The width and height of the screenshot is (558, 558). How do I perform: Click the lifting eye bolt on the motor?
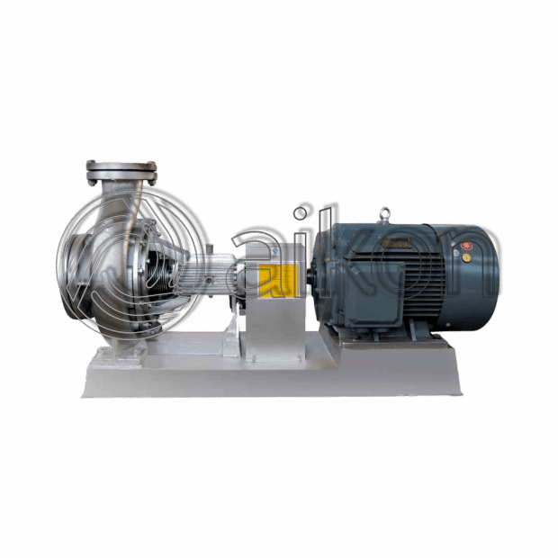point(385,215)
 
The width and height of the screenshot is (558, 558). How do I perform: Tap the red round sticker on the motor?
point(465,246)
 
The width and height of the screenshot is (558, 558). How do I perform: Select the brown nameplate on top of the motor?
point(397,243)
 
